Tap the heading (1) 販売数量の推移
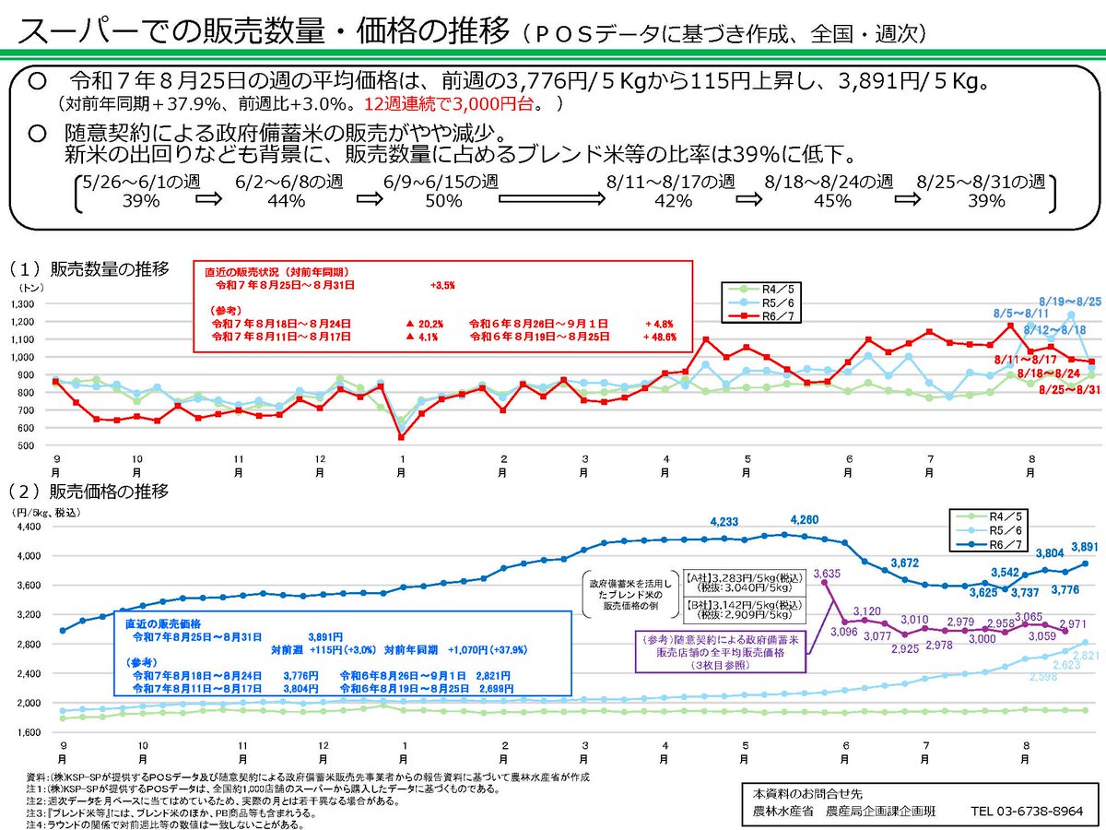[x=89, y=269]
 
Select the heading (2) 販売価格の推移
[x=89, y=491]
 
